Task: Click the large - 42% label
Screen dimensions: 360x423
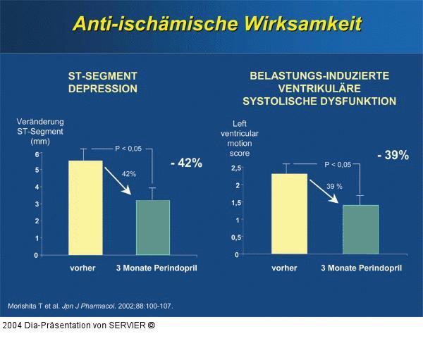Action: click(x=186, y=163)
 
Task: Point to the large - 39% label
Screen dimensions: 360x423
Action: click(x=392, y=155)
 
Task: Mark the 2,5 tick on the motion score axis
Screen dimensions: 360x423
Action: click(x=236, y=168)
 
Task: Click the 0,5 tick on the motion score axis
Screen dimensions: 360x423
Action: click(x=236, y=237)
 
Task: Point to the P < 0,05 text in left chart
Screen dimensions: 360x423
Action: click(x=128, y=149)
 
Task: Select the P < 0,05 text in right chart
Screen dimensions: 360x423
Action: click(x=338, y=164)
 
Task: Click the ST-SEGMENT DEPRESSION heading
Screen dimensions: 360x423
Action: click(x=102, y=82)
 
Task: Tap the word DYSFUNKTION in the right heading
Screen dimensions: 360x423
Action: click(x=361, y=101)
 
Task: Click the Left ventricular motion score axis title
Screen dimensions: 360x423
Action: click(x=239, y=138)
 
